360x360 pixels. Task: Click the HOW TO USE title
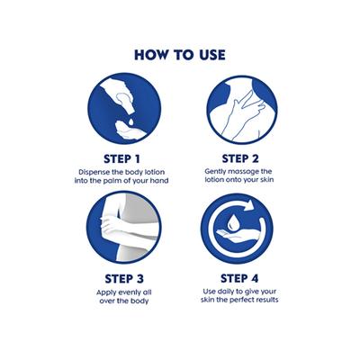point(179,53)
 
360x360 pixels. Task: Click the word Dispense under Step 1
point(96,170)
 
